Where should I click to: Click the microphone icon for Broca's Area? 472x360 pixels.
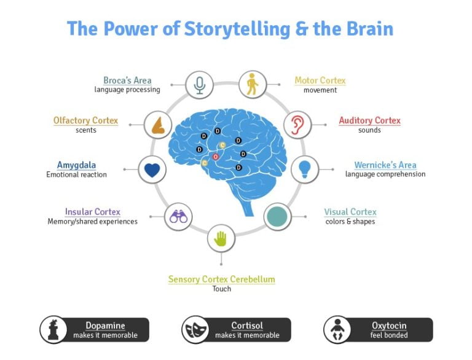pyautogui.click(x=199, y=85)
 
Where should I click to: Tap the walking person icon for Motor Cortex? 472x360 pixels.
pyautogui.click(x=252, y=85)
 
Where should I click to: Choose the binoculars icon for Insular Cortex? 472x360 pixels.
pyautogui.click(x=179, y=216)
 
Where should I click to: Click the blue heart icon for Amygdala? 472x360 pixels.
pyautogui.click(x=152, y=170)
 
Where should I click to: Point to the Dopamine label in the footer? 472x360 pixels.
pyautogui.click(x=104, y=326)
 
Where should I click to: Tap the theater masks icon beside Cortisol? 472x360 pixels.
pyautogui.click(x=195, y=330)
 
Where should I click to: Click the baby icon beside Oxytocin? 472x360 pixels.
pyautogui.click(x=337, y=330)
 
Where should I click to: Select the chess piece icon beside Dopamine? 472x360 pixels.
pyautogui.click(x=53, y=330)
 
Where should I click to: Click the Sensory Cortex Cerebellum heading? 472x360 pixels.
pyautogui.click(x=221, y=280)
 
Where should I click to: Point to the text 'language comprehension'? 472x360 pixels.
pyautogui.click(x=385, y=174)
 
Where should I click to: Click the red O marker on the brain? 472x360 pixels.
pyautogui.click(x=215, y=157)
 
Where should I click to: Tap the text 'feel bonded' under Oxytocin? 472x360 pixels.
pyautogui.click(x=388, y=335)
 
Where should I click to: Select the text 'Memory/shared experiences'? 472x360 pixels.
pyautogui.click(x=92, y=222)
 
